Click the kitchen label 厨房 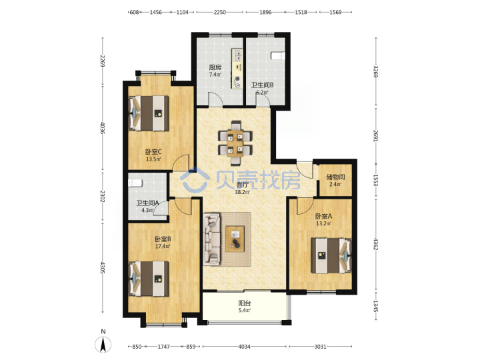point(215,67)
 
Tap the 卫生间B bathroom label point(263,85)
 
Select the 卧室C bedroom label point(153,152)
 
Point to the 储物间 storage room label point(335,177)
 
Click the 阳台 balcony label point(245,303)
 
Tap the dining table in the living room point(235,143)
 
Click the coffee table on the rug point(235,239)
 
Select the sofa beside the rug point(212,239)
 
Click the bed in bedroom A point(331,255)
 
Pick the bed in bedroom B point(149,279)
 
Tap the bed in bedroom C point(149,113)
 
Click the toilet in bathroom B point(278,56)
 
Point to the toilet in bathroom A point(135,183)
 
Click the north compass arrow point(103,345)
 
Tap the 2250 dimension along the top point(220,12)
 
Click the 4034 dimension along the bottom point(244,347)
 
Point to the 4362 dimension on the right point(376,244)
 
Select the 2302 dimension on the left point(103,197)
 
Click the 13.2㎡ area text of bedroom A point(323,223)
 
